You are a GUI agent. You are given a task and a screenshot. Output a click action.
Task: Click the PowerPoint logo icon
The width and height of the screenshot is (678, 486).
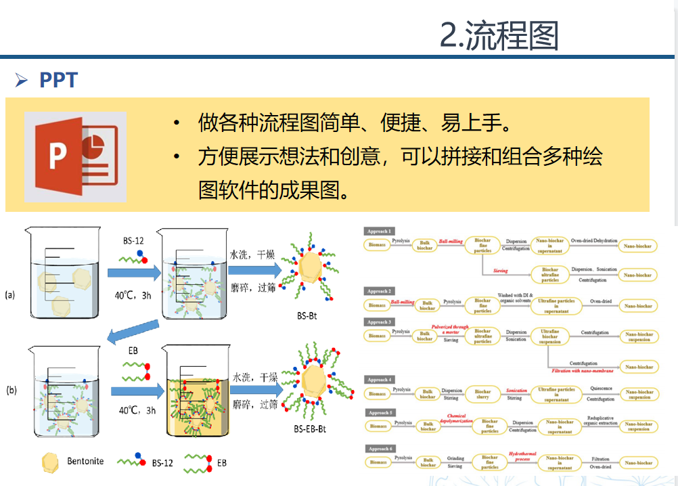tap(75, 158)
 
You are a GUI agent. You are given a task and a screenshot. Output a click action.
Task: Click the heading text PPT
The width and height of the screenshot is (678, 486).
tap(58, 80)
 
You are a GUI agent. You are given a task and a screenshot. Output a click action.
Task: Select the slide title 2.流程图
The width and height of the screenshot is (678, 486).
tap(499, 35)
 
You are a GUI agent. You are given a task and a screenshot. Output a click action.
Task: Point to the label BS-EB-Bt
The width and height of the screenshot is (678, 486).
tap(311, 428)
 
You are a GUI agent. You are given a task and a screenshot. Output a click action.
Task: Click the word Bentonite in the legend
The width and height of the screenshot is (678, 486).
tap(85, 461)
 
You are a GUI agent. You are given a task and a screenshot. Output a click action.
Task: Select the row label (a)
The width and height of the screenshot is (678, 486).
tap(10, 295)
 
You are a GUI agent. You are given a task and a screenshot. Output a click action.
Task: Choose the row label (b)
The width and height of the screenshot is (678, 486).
tap(12, 390)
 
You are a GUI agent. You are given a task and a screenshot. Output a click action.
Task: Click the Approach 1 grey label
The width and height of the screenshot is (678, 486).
tap(380, 231)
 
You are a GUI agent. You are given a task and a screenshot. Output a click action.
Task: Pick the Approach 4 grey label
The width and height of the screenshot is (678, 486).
tap(380, 380)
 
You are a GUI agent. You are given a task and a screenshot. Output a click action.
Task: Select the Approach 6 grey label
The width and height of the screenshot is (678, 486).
tap(380, 449)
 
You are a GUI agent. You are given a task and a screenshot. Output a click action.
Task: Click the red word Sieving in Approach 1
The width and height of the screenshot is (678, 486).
tap(499, 271)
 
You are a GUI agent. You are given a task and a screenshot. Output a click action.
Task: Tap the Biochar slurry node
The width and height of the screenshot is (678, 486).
tap(482, 394)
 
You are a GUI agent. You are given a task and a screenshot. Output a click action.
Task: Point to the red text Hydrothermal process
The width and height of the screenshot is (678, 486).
tap(521, 457)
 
